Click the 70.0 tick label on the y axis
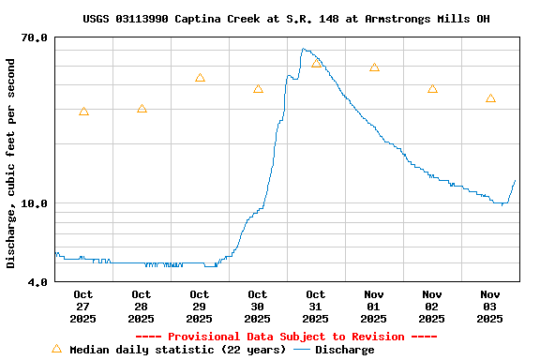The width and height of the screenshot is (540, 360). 35,37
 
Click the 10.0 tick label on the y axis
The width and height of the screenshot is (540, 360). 35,203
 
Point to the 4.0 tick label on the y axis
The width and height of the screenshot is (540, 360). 37,281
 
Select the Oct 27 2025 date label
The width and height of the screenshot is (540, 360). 83,307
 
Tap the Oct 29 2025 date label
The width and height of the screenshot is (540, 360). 200,307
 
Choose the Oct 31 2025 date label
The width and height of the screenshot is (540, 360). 316,307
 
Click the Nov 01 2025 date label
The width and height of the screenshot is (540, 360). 374,307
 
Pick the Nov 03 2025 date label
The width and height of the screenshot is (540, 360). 490,307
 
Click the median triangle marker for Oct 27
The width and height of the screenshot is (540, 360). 83,112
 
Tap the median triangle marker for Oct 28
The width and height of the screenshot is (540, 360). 142,109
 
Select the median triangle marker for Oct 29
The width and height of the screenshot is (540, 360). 200,78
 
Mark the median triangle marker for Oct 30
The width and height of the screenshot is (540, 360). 258,89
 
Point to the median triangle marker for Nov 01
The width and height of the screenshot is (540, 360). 374,67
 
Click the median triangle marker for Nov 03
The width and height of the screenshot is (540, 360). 490,98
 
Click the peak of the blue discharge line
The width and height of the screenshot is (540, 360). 304,49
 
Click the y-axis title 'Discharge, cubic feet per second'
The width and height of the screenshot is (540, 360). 11,163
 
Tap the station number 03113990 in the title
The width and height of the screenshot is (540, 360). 142,19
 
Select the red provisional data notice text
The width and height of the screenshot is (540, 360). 286,337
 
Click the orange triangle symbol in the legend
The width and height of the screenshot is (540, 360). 56,349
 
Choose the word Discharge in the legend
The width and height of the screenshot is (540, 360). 344,350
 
